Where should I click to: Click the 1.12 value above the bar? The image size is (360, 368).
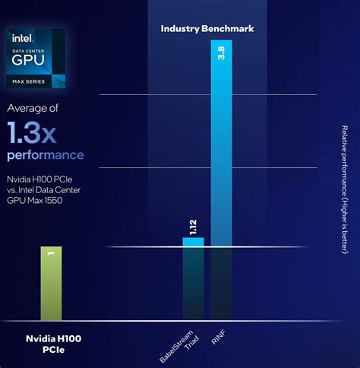tap(194, 227)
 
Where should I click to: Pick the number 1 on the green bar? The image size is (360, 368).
tap(51, 255)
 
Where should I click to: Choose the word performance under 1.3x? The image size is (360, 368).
tap(46, 156)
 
